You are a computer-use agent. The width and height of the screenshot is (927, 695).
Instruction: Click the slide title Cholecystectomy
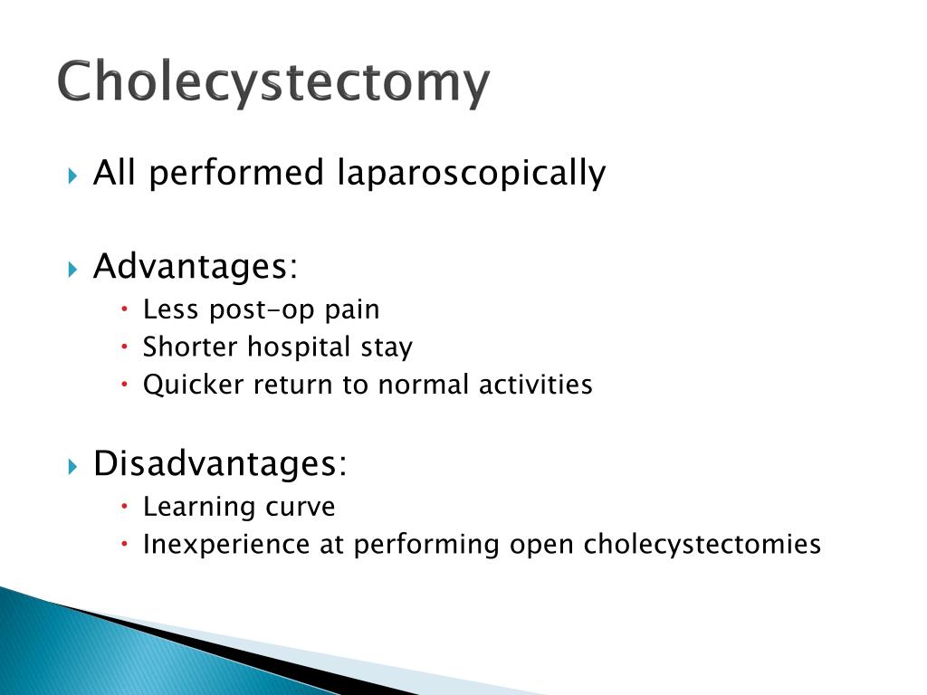tap(273, 82)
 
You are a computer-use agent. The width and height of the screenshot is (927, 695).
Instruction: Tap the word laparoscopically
tap(471, 174)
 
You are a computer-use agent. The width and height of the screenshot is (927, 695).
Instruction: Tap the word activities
tap(535, 384)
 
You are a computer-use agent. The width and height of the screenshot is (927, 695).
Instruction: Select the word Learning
tap(199, 507)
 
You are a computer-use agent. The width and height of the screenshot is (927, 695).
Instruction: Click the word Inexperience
tap(225, 545)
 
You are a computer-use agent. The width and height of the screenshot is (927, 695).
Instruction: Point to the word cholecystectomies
tap(702, 544)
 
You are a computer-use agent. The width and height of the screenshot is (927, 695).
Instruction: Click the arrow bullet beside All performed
tap(72, 176)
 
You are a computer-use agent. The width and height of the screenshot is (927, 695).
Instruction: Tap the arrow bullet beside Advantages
tap(72, 270)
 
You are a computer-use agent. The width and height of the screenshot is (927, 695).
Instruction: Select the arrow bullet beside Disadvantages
tap(72, 467)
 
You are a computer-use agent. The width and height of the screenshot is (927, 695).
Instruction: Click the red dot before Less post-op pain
tap(124, 309)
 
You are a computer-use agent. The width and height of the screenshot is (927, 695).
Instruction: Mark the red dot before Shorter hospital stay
tap(124, 347)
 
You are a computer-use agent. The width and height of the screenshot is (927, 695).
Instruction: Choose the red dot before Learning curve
tap(124, 507)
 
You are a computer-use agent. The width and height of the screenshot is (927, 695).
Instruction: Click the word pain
tap(352, 310)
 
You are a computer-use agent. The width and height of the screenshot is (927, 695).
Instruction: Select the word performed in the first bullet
tap(235, 174)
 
